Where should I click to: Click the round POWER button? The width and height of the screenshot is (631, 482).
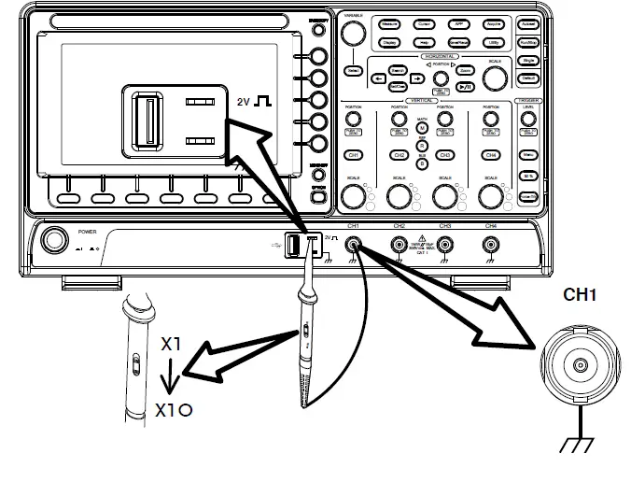(55, 242)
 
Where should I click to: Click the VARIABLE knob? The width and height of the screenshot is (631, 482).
(353, 34)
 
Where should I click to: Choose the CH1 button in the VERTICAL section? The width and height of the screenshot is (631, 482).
(353, 155)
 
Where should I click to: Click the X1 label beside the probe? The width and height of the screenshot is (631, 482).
(170, 344)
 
